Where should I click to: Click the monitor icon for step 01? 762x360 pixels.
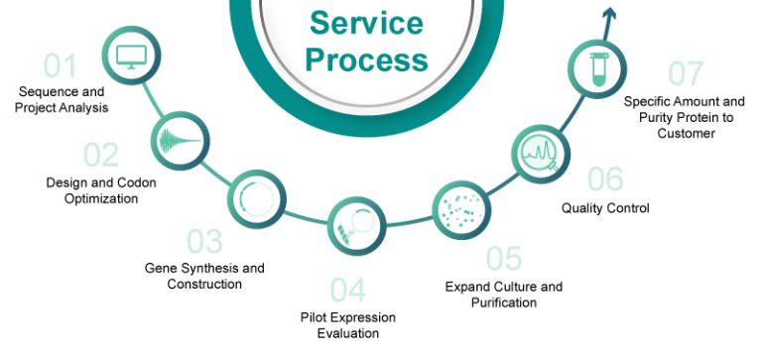[131, 57]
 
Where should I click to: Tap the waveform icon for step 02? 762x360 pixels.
[180, 141]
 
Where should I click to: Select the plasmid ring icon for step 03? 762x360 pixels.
[257, 199]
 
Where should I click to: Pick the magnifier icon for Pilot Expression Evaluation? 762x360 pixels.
[357, 226]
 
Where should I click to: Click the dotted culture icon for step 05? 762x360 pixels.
[461, 210]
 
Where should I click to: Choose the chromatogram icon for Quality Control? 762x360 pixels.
[541, 155]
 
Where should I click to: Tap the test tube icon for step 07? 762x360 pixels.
[597, 69]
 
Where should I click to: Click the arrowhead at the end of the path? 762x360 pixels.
[609, 14]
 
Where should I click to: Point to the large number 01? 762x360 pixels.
[61, 65]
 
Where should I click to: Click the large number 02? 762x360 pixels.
[101, 155]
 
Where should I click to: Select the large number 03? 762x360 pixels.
[205, 241]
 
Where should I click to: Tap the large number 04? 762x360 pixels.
[348, 290]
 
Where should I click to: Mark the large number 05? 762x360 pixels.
[504, 259]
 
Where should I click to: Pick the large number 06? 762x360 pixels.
[605, 179]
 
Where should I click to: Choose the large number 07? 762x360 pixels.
[686, 73]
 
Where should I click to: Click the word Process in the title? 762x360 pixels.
[366, 60]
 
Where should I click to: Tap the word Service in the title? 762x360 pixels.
[366, 23]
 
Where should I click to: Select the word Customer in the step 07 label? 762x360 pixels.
[687, 133]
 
